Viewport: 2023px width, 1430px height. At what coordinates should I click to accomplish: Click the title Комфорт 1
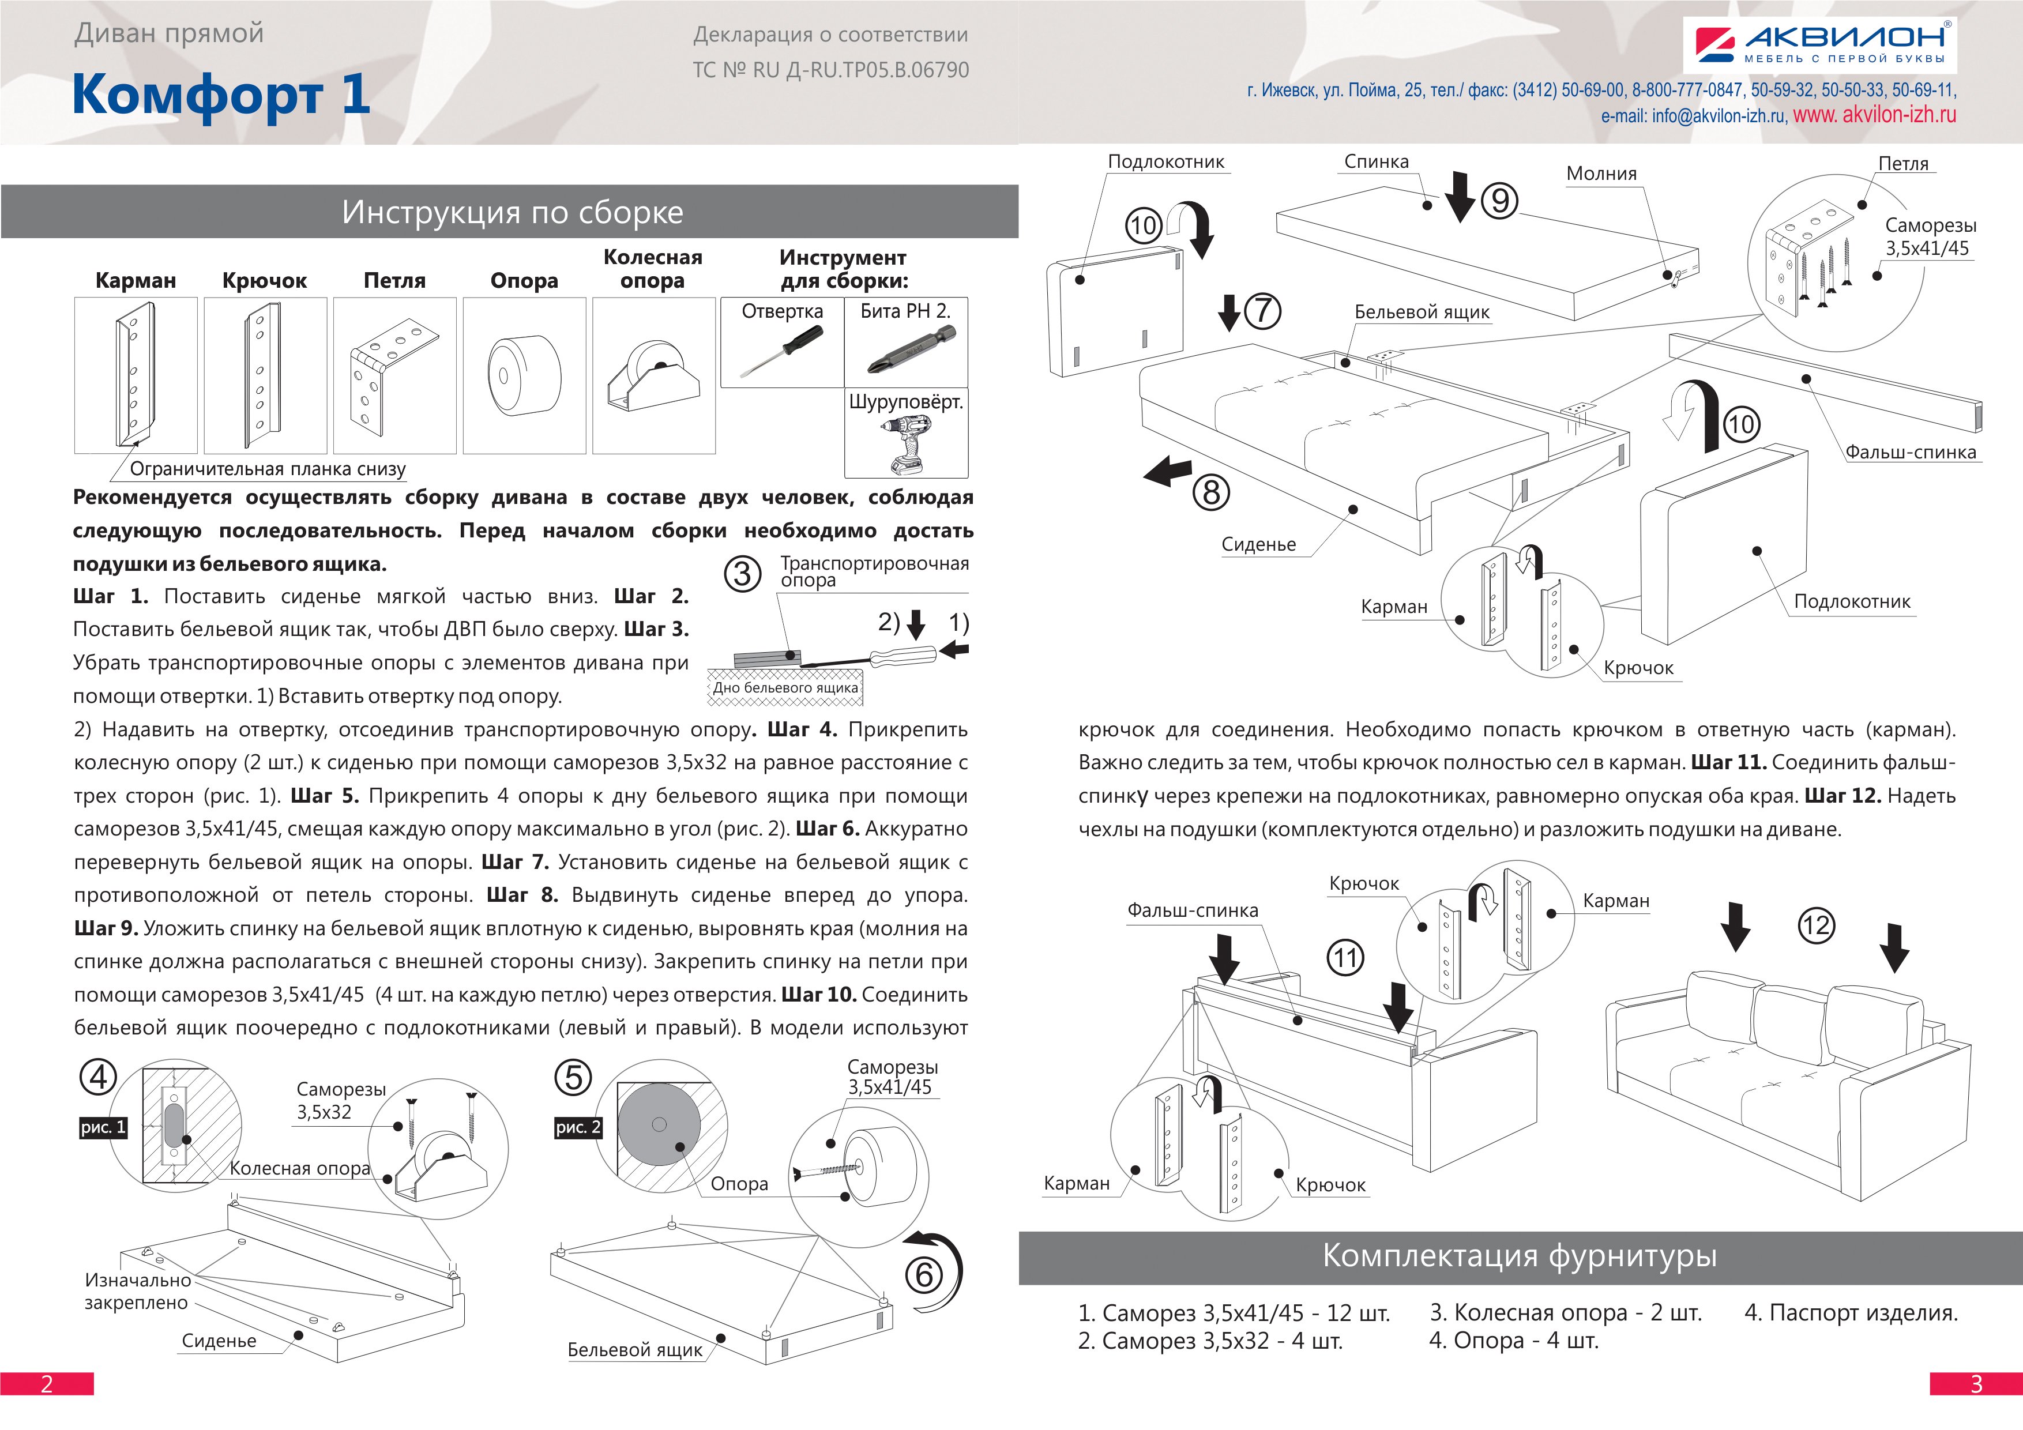pos(220,94)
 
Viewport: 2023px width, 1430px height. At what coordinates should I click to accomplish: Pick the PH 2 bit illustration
pos(905,350)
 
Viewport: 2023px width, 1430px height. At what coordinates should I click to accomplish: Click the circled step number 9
pos(1499,200)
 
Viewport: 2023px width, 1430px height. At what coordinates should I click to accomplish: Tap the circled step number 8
pos(1212,492)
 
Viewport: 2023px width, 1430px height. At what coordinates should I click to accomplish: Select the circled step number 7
pos(1262,310)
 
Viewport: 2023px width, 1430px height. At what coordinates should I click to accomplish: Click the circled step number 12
pos(1816,925)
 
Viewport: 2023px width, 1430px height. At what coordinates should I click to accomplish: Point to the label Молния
pos(1601,174)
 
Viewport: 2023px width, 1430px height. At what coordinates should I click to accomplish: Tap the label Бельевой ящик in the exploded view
pos(1421,312)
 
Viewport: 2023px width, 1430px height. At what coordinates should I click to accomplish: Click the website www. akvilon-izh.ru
pos(1874,115)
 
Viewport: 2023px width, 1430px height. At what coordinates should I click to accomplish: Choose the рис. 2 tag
pos(578,1127)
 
